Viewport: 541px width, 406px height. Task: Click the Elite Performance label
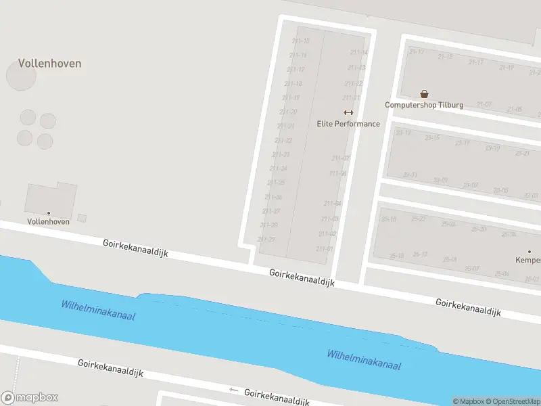point(348,124)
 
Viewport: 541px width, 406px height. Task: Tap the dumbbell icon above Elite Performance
point(348,112)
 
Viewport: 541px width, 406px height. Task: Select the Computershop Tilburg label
point(424,105)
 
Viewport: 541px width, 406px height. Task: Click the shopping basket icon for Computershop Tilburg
point(424,94)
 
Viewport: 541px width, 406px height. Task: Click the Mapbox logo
point(30,398)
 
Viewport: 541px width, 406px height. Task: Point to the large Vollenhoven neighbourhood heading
point(49,64)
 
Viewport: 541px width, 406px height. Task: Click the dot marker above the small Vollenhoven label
point(48,213)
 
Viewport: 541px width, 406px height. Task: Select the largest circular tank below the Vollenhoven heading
point(21,76)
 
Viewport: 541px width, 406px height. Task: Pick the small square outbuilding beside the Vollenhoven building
point(82,218)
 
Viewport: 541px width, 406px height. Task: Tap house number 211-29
point(266,239)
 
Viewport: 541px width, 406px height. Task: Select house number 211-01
point(325,248)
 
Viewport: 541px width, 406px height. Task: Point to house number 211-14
point(359,52)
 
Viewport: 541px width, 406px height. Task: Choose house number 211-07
point(341,158)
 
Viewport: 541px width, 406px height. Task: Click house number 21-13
point(417,51)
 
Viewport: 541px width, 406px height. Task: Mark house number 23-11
point(410,175)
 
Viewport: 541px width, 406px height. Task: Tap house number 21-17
point(476,62)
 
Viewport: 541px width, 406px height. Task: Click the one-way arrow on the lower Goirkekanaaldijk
point(234,390)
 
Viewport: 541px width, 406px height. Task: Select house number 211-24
point(278,168)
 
